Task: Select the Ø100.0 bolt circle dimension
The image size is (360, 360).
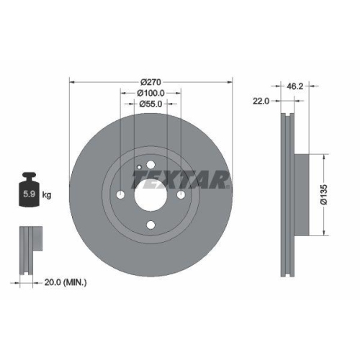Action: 151,92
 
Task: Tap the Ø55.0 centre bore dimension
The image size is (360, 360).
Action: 151,104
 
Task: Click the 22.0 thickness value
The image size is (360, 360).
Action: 261,102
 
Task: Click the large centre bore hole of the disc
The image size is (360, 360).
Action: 151,194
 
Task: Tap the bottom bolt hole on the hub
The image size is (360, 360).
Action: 151,225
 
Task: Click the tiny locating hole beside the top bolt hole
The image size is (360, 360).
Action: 138,166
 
